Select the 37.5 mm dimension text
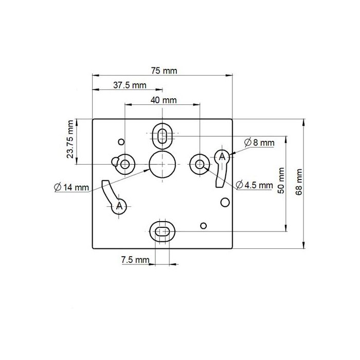130,85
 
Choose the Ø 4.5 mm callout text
254,185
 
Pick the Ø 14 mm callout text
71,187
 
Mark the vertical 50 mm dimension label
281,181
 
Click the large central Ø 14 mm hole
163,164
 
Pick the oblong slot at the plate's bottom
163,232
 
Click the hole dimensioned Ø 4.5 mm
199,164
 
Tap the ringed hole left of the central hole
125,164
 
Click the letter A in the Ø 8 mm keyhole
222,156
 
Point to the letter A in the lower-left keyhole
119,206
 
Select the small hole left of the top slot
121,141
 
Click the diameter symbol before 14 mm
57,187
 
